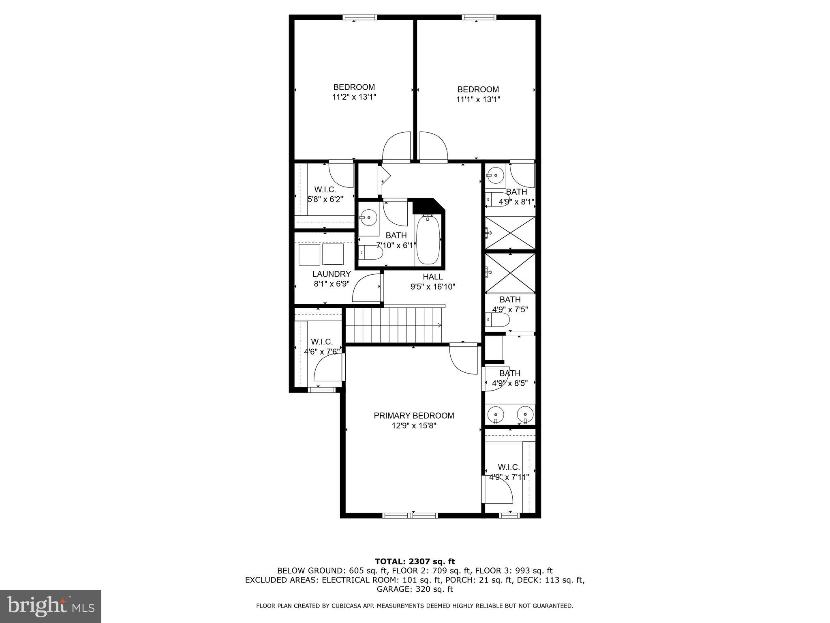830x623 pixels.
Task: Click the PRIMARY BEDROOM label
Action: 414,416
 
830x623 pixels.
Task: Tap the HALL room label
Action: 433,277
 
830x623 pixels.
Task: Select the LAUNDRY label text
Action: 331,274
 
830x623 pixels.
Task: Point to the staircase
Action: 393,325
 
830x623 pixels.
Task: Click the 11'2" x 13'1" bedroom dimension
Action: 354,97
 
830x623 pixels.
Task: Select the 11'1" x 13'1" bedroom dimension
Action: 478,99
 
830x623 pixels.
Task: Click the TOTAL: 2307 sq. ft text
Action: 415,562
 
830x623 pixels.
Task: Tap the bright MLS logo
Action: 51,606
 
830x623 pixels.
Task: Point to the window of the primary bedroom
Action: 410,516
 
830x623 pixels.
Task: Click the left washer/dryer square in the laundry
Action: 310,254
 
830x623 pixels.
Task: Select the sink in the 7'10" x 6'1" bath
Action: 368,218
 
